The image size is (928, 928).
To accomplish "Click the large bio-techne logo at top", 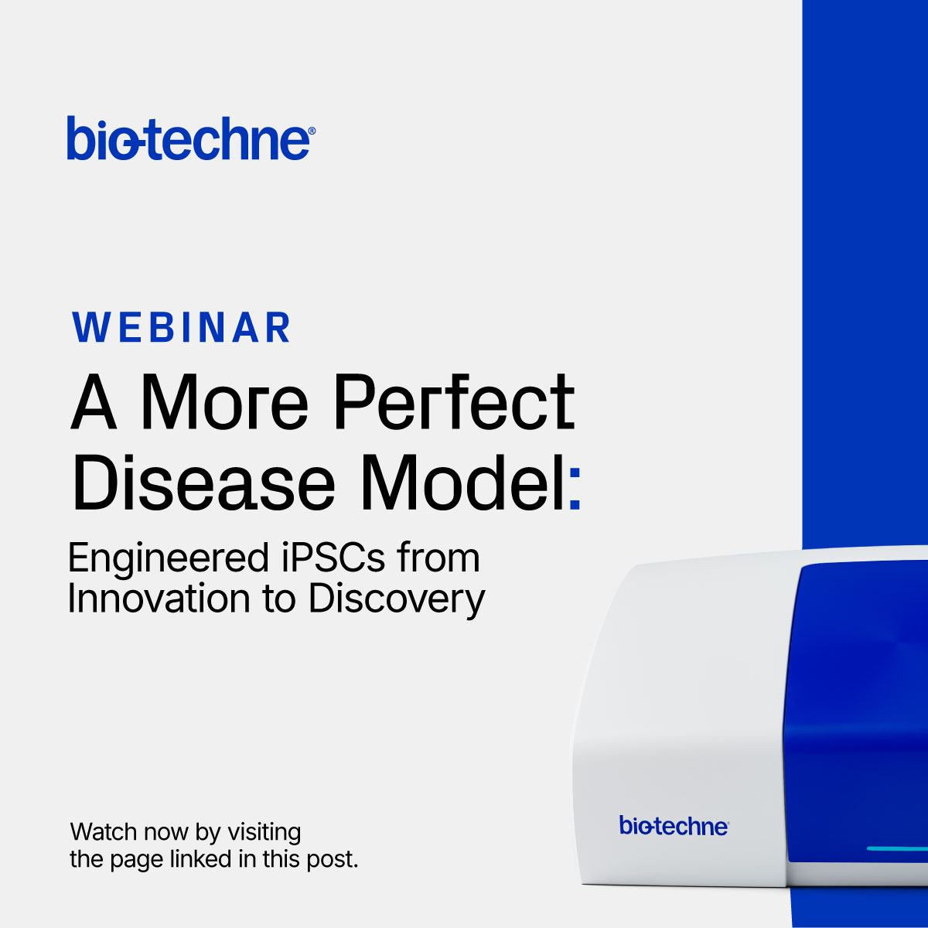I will tap(189, 138).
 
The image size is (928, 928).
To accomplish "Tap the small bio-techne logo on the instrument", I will tap(673, 826).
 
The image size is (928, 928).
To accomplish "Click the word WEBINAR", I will tap(182, 328).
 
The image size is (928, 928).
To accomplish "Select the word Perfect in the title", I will tap(454, 403).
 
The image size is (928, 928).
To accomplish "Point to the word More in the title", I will tap(224, 403).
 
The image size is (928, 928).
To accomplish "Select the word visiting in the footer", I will tap(263, 833).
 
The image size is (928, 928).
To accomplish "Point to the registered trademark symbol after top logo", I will tap(312, 132).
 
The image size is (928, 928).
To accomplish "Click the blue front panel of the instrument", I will tap(855, 696).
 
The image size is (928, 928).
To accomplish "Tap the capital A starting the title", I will tap(94, 403).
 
